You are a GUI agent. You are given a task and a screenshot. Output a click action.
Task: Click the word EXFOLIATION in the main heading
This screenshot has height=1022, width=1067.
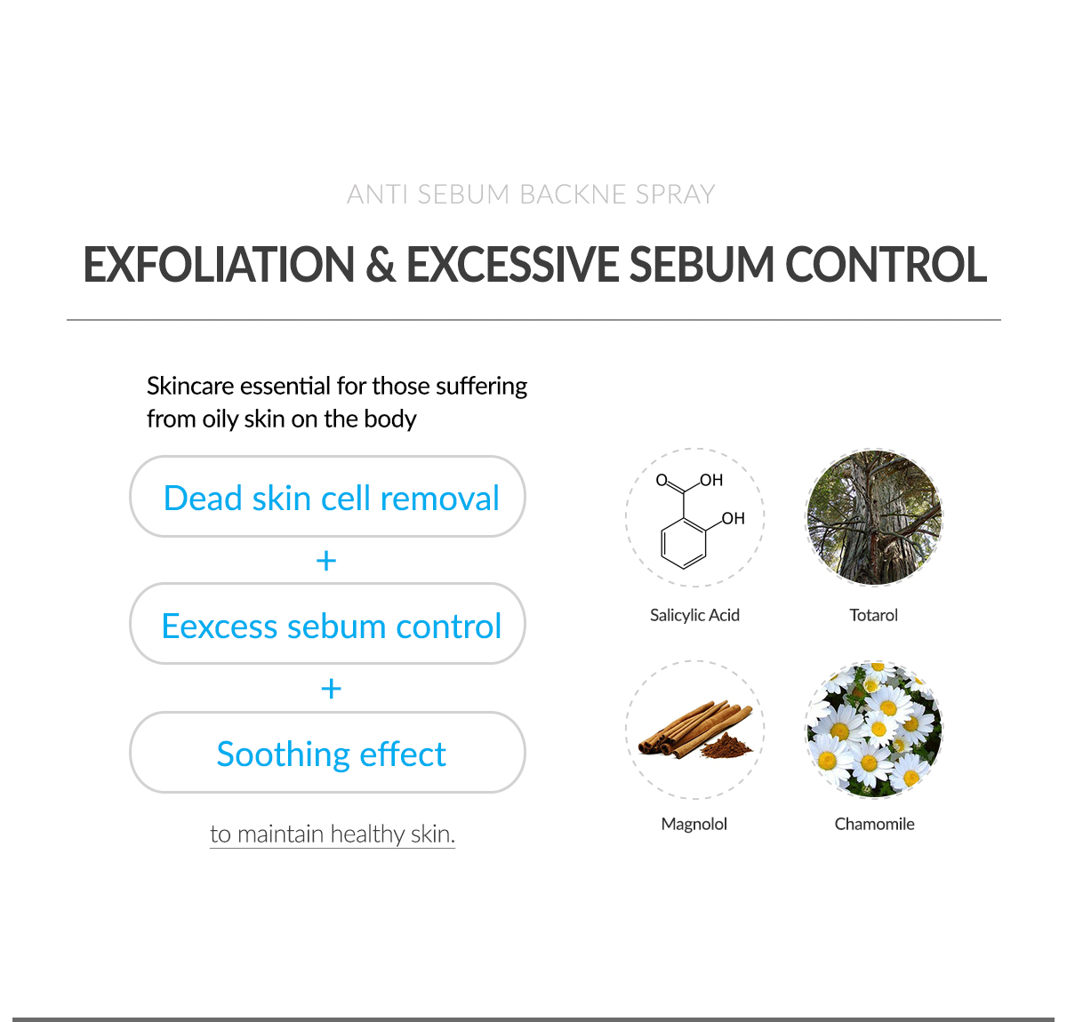pos(219,265)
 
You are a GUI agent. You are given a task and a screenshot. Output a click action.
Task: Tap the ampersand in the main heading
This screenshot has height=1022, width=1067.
pos(380,265)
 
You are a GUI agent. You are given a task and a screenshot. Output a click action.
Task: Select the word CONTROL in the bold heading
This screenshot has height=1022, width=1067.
pos(886,265)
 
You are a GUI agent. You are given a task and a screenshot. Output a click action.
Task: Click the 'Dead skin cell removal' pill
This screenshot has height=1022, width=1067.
pos(327,497)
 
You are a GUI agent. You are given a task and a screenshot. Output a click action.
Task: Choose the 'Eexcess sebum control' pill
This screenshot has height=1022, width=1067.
pos(327,624)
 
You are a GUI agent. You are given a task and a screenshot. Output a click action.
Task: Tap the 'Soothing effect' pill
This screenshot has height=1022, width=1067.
pos(327,753)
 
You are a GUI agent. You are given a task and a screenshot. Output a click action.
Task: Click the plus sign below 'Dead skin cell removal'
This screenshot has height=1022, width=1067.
pos(326,561)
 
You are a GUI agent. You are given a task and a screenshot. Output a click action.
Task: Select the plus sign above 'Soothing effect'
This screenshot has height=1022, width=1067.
pos(331,688)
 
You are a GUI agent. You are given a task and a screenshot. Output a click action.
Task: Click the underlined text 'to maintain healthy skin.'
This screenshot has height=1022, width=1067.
pos(333,834)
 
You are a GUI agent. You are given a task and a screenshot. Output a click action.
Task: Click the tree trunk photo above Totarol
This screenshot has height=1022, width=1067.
pos(874,517)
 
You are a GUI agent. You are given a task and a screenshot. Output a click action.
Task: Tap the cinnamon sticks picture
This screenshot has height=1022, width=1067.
pos(695,730)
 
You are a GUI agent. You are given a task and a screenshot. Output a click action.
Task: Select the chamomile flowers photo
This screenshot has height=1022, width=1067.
pos(874,730)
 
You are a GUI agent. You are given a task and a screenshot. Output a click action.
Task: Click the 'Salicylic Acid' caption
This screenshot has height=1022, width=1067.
pos(694,615)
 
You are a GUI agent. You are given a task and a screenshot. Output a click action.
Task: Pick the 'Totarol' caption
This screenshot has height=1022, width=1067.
pos(874,615)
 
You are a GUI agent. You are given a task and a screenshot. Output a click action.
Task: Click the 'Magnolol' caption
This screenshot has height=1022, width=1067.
pos(694,824)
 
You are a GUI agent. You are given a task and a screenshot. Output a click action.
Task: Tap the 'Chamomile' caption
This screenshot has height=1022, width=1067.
pos(875,824)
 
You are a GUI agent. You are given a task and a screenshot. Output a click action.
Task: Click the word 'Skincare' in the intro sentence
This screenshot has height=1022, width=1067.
pos(190,386)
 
